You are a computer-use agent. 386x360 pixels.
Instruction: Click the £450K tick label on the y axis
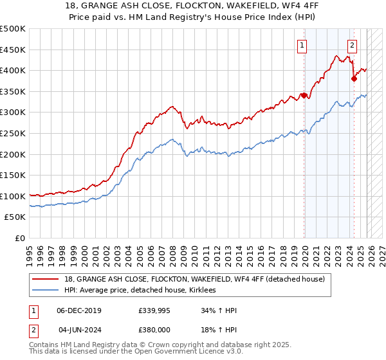13,50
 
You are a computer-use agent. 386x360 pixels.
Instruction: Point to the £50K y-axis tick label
15,217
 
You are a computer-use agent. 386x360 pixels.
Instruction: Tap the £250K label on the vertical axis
13,133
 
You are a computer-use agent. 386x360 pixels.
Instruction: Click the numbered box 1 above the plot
302,45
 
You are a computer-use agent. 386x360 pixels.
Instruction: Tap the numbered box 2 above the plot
353,45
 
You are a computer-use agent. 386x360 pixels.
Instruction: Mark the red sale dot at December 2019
304,95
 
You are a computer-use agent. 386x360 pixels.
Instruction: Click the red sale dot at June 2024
354,79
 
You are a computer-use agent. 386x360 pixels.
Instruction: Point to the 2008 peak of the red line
172,106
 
